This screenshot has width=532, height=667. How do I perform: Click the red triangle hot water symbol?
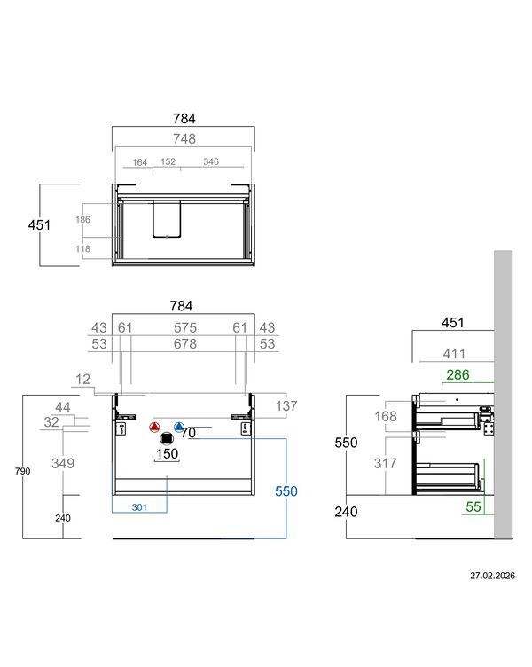154,428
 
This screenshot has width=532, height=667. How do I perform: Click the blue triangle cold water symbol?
179,428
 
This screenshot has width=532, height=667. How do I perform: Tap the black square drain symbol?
167,438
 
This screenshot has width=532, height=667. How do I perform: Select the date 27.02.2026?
492,576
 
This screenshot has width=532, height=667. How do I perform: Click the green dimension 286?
458,375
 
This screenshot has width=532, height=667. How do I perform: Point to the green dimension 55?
473,506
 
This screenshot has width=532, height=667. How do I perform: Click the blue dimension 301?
139,507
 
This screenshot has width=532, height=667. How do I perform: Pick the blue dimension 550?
286,491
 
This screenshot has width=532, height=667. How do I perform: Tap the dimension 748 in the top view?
184,138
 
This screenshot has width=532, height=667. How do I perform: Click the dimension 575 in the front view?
185,327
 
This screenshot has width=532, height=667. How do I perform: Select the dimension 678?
185,344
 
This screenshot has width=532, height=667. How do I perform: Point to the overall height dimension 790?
22,471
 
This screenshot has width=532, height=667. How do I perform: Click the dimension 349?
63,463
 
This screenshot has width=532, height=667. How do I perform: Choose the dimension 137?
286,406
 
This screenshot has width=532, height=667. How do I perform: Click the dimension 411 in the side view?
454,354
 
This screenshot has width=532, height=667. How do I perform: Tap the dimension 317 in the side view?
386,463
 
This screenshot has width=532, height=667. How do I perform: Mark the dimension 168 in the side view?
386,416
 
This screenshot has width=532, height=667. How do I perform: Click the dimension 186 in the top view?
83,219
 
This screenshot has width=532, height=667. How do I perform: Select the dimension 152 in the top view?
168,161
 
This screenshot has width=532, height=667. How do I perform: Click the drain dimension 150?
167,454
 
